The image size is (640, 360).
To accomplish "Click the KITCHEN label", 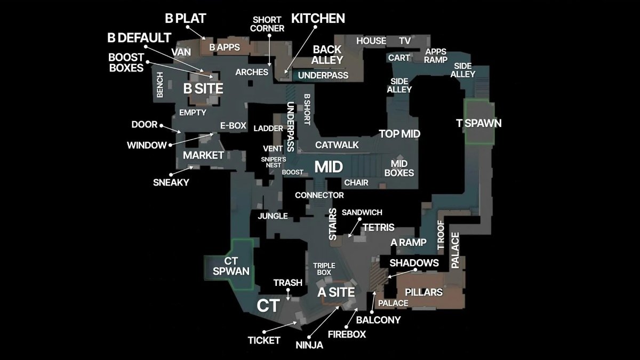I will click(x=318, y=18).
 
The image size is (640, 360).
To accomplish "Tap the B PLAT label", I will click(x=185, y=19).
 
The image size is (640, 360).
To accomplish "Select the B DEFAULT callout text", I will click(x=139, y=38).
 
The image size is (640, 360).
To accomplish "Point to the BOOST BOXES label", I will click(x=126, y=62).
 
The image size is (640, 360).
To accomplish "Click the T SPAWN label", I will click(x=479, y=123).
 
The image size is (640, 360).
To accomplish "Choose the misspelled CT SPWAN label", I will click(x=231, y=266).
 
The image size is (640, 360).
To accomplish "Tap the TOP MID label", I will click(x=399, y=133).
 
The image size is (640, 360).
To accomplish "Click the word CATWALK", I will click(x=337, y=145).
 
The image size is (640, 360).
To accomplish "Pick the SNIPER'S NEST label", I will click(x=274, y=162).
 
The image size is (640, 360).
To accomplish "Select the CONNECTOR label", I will click(x=319, y=195).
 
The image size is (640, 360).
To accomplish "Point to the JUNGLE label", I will click(x=273, y=216).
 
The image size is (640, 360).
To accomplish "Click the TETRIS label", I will click(x=378, y=227).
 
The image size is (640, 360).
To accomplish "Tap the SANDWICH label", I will click(x=362, y=212).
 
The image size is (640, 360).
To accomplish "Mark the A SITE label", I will click(x=336, y=292).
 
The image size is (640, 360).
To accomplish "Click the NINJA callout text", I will click(x=309, y=345).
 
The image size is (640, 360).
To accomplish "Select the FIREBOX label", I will click(x=347, y=334).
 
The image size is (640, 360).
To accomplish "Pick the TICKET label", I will click(x=264, y=340).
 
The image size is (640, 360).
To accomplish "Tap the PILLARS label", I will click(x=423, y=292).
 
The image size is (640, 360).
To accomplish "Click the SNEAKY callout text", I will click(x=171, y=182).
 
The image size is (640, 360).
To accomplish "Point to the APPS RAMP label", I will click(x=436, y=55).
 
